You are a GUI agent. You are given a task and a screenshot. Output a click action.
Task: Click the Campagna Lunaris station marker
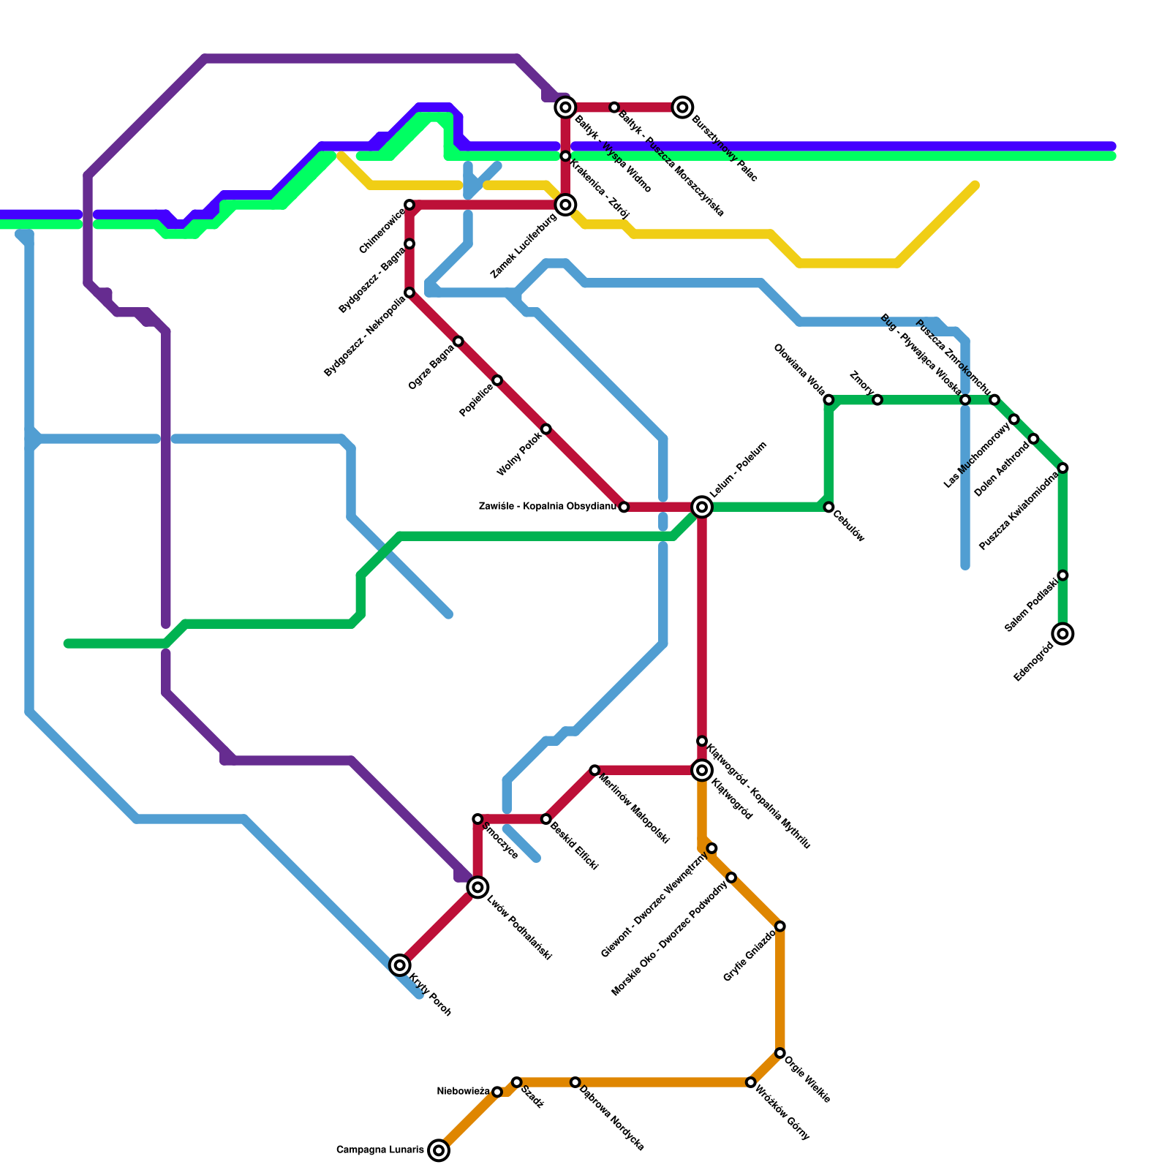pyautogui.click(x=439, y=1150)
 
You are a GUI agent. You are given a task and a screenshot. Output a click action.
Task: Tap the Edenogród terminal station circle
pyautogui.click(x=1063, y=633)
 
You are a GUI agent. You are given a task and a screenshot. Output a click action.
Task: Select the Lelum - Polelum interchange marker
pyautogui.click(x=702, y=507)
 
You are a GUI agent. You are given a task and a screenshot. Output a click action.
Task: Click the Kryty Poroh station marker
pyautogui.click(x=399, y=965)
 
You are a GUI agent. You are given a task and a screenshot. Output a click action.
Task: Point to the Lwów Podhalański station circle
pyautogui.click(x=478, y=888)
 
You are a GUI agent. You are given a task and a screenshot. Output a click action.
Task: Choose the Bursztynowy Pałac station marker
pyautogui.click(x=683, y=107)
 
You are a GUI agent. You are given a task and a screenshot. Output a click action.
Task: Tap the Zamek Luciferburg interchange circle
pyautogui.click(x=565, y=205)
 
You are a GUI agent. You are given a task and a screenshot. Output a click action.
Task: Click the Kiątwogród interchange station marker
pyautogui.click(x=702, y=770)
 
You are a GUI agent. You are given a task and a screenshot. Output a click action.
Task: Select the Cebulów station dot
pyautogui.click(x=829, y=507)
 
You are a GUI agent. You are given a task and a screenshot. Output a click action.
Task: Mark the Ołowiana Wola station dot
pyautogui.click(x=829, y=400)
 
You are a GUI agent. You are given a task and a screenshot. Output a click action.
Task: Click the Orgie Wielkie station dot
pyautogui.click(x=780, y=1053)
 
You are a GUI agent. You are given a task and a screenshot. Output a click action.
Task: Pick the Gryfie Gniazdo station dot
pyautogui.click(x=780, y=926)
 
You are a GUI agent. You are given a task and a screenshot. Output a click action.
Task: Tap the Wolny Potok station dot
pyautogui.click(x=546, y=429)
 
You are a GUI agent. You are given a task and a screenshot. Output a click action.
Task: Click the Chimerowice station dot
pyautogui.click(x=409, y=205)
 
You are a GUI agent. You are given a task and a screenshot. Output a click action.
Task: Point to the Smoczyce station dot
pyautogui.click(x=478, y=819)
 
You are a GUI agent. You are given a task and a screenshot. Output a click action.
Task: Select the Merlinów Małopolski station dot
pyautogui.click(x=595, y=770)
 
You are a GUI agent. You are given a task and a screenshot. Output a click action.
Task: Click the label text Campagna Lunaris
pyautogui.click(x=380, y=1150)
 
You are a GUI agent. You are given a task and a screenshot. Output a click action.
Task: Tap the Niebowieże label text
pyautogui.click(x=463, y=1092)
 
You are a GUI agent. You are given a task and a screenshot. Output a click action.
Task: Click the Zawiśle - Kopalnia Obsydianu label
pyautogui.click(x=547, y=506)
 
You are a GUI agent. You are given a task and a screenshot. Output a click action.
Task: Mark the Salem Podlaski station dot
pyautogui.click(x=1063, y=575)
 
